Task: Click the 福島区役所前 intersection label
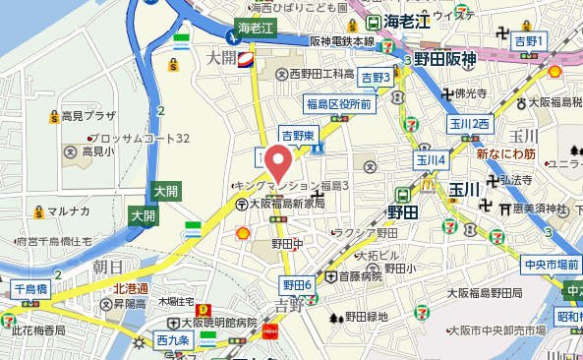click(x=338, y=104)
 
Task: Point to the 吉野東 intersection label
click(x=297, y=135)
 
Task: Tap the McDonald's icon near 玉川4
click(x=428, y=181)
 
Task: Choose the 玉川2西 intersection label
click(x=469, y=124)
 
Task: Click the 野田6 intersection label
click(x=297, y=285)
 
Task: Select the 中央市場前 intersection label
click(x=549, y=263)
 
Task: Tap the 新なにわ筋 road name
click(x=504, y=153)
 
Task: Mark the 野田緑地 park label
click(x=365, y=317)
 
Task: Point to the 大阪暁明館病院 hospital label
click(x=217, y=323)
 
